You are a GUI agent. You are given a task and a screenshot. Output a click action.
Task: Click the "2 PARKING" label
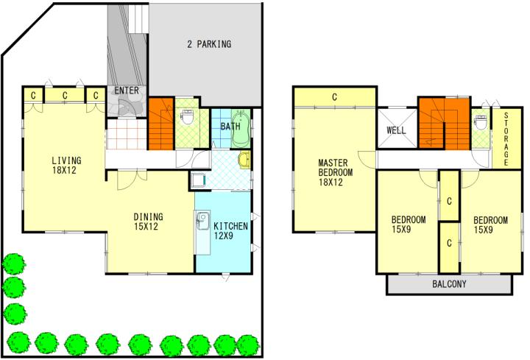[x=209, y=44]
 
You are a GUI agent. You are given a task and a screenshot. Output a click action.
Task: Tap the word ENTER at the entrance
[x=127, y=91]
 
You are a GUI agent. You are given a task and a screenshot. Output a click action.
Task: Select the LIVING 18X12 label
[x=66, y=165]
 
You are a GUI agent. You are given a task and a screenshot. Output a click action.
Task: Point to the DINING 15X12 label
[x=148, y=222]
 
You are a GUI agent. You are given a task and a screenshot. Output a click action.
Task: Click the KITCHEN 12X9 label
[x=231, y=231]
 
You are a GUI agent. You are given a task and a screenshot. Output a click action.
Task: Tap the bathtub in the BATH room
[x=241, y=128]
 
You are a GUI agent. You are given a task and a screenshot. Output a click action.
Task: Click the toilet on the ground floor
[x=186, y=116]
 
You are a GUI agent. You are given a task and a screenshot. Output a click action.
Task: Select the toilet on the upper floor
[x=480, y=122]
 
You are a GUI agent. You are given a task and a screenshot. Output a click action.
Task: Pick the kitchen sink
[x=203, y=220]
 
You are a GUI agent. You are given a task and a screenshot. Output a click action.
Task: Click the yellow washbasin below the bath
[x=244, y=160]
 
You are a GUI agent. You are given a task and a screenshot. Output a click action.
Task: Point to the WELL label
[x=396, y=130]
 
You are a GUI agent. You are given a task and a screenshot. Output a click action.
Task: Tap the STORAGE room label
[x=506, y=139]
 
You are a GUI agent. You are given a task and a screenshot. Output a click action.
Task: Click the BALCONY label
[x=449, y=284]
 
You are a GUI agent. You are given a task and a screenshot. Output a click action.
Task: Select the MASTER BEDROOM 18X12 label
[x=336, y=172]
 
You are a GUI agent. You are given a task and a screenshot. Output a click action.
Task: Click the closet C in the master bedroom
[x=335, y=97]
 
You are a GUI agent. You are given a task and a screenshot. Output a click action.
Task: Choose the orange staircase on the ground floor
[x=161, y=124]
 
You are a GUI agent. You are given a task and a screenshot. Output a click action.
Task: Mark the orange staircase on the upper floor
[x=444, y=124]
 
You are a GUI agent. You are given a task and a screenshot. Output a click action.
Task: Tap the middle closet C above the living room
[x=65, y=96]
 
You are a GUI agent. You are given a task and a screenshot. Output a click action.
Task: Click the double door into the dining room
[x=132, y=179]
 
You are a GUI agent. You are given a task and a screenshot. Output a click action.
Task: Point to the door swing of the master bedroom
[x=367, y=160]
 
